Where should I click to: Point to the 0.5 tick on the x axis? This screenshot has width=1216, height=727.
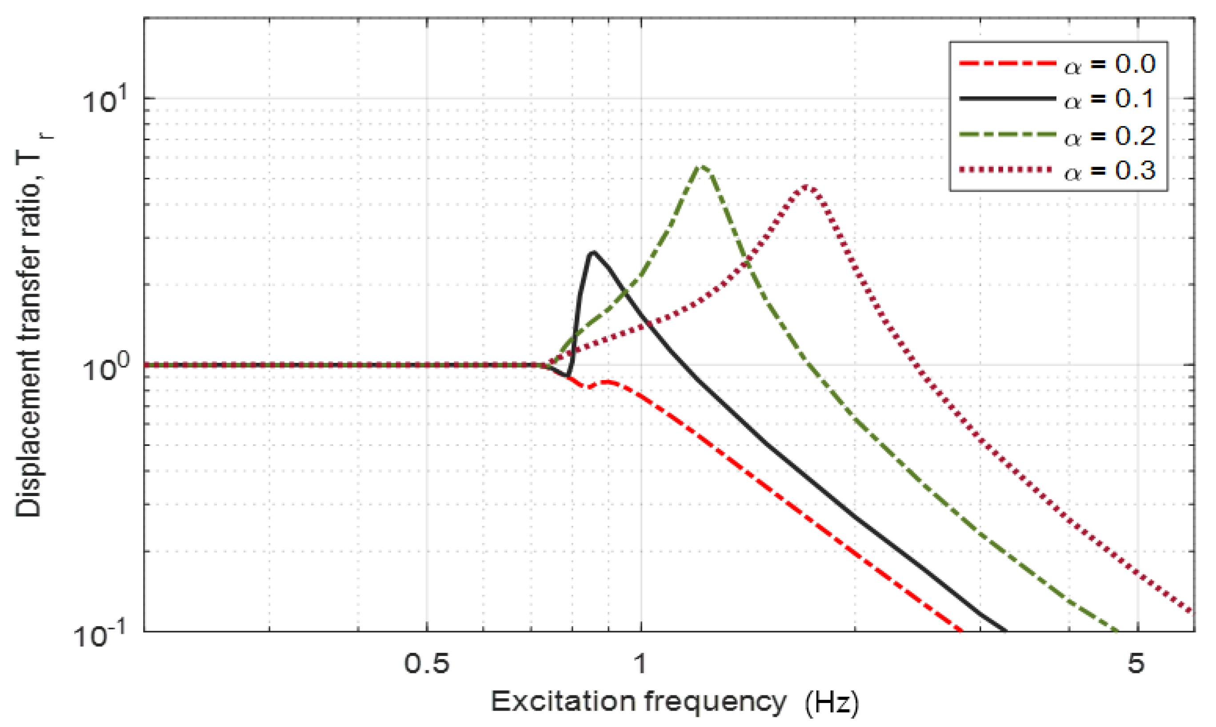pyautogui.click(x=426, y=664)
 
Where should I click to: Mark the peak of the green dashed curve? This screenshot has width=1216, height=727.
pyautogui.click(x=702, y=167)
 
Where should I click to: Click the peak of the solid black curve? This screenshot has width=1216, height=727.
pyautogui.click(x=593, y=253)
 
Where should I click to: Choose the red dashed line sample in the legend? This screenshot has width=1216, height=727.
pyautogui.click(x=1007, y=63)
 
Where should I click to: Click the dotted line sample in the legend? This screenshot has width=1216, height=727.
pyautogui.click(x=1007, y=170)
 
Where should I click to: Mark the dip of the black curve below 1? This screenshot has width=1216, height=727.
pyautogui.click(x=567, y=376)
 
